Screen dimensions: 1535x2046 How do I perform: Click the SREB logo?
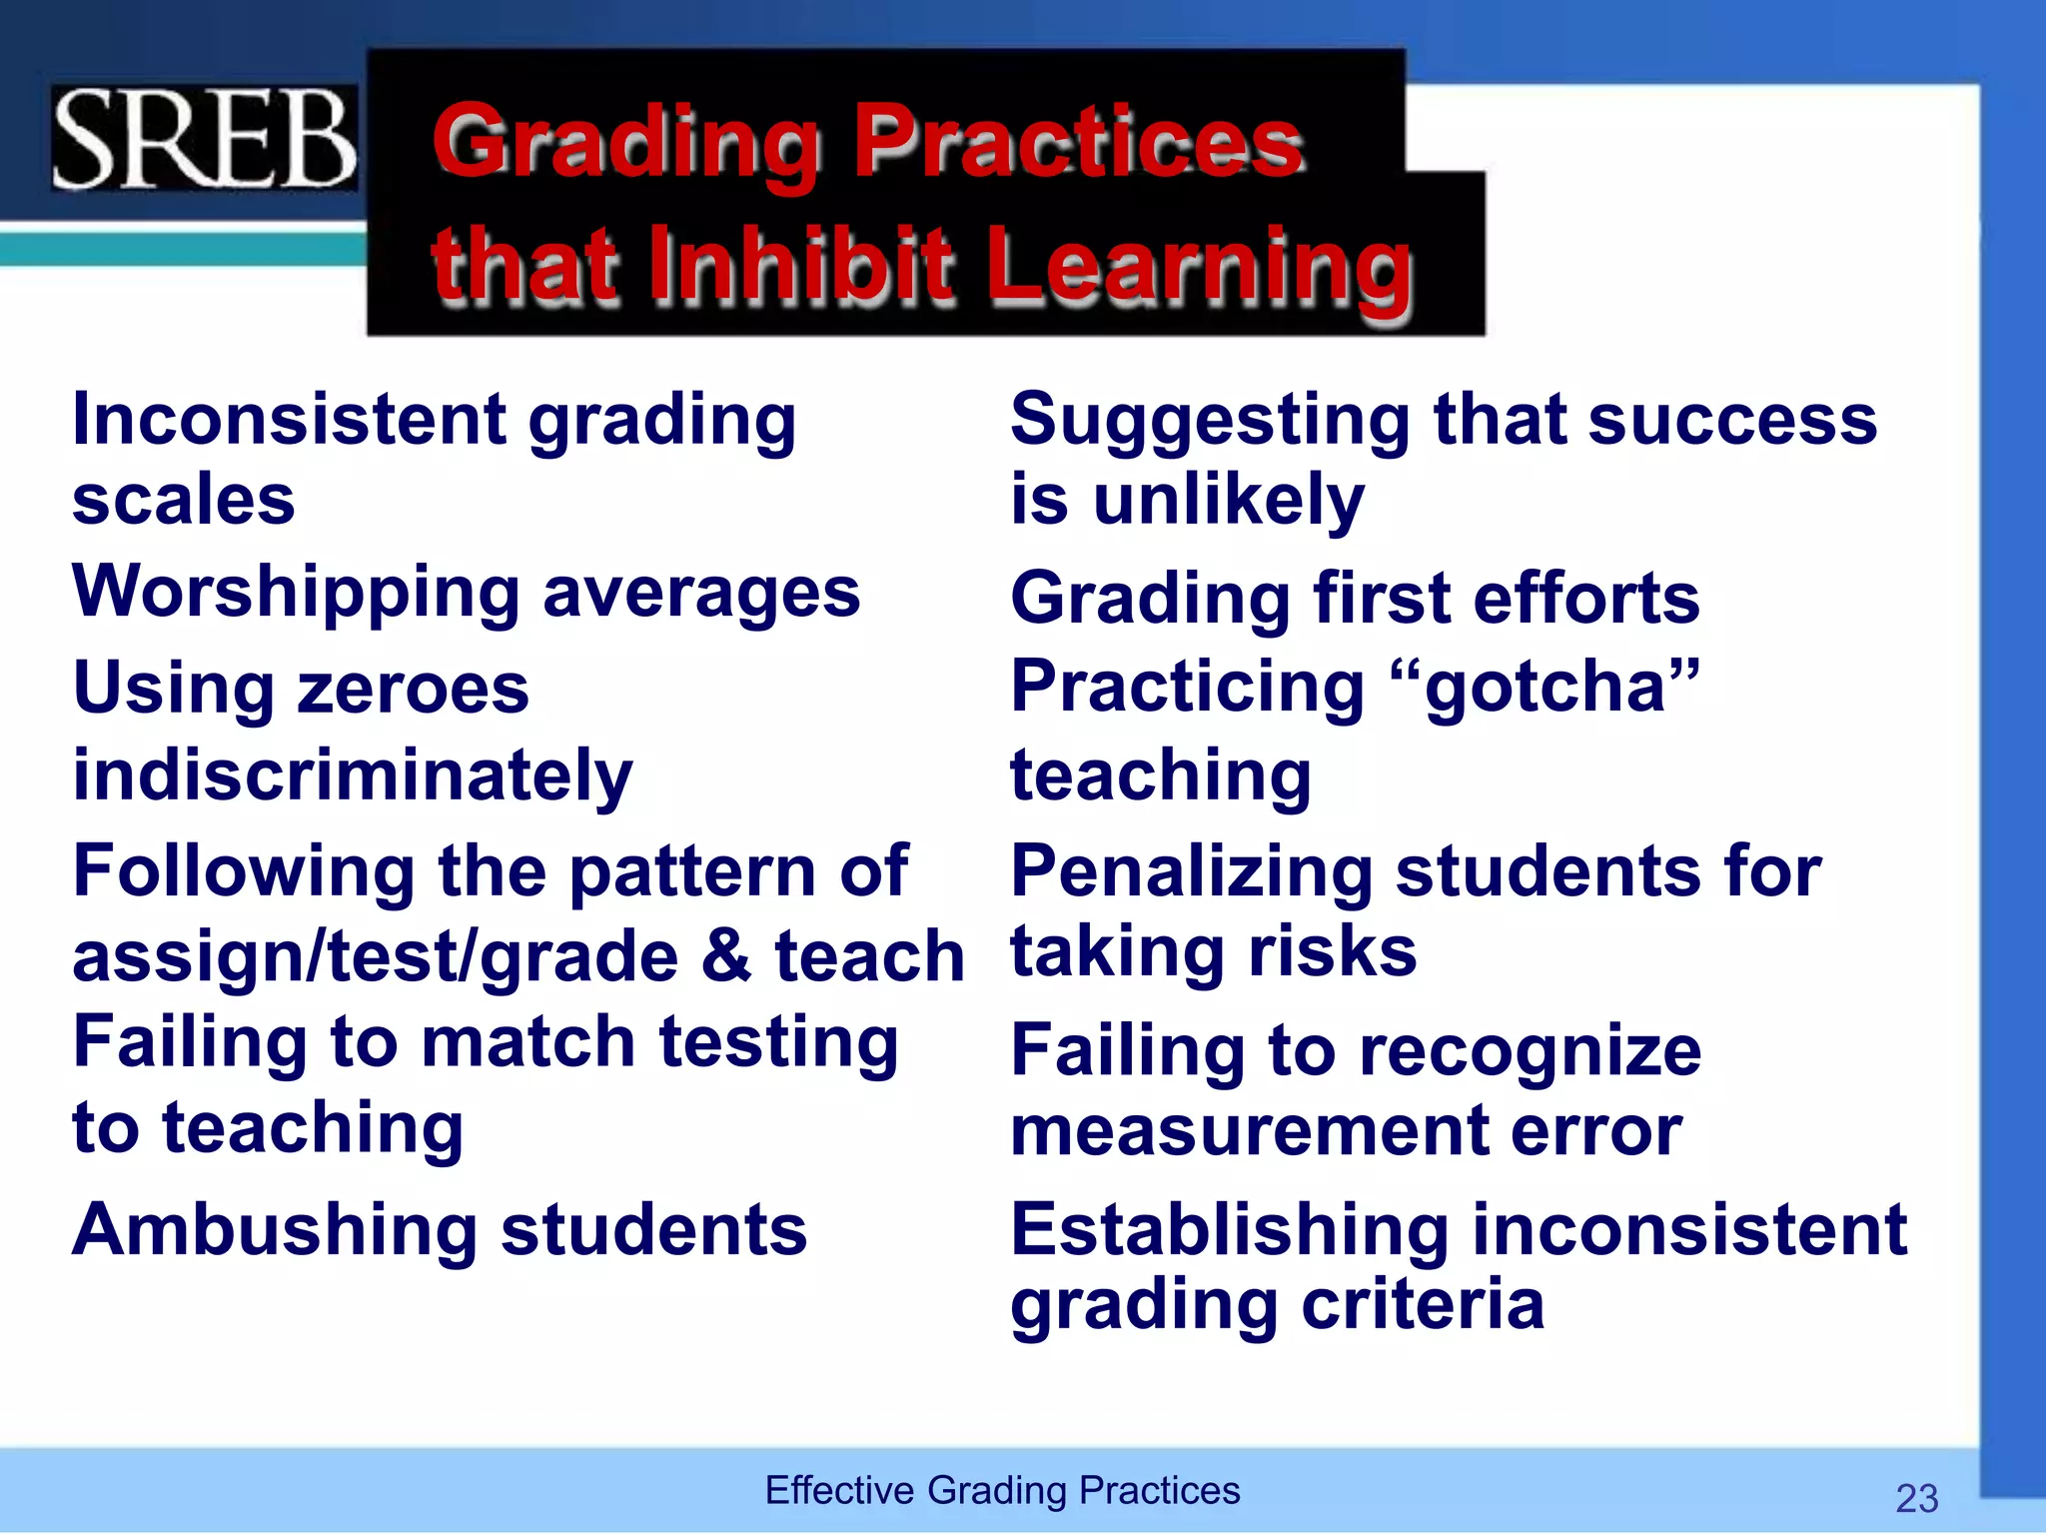point(204,139)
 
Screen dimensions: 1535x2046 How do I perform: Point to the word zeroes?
point(413,689)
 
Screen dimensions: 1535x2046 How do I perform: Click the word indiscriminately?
point(353,776)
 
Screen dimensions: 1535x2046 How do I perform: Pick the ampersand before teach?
point(725,955)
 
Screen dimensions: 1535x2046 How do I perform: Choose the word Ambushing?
point(276,1231)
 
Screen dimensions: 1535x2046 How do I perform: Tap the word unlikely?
point(1229,500)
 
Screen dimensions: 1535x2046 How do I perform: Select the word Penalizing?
point(1192,872)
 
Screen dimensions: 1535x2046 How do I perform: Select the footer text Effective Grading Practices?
point(1002,1490)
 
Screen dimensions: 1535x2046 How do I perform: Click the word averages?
point(701,593)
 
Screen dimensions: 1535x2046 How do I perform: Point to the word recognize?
point(1530,1052)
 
